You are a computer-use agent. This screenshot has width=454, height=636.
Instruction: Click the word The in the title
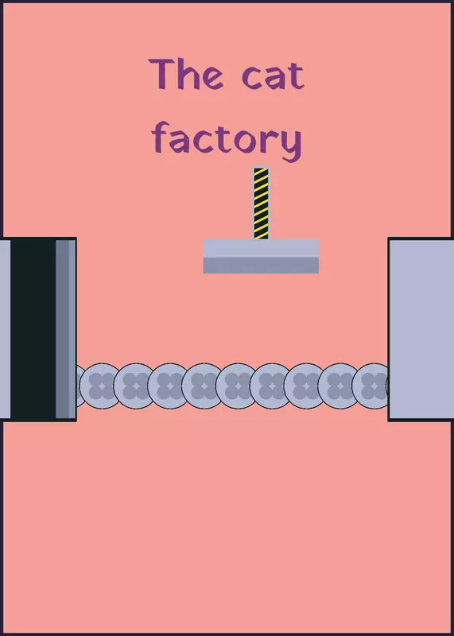[x=186, y=74]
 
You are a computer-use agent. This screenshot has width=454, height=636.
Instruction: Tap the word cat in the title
[x=273, y=76]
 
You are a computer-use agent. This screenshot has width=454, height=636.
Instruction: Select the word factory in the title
[x=227, y=141]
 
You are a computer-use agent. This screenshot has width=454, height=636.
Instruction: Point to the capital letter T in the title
[x=161, y=74]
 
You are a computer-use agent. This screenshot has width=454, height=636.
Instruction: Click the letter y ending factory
[x=291, y=145]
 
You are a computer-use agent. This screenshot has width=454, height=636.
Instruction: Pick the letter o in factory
[x=244, y=142]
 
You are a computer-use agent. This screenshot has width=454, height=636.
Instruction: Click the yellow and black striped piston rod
[x=261, y=203]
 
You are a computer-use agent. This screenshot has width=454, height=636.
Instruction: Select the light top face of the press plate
[x=261, y=248]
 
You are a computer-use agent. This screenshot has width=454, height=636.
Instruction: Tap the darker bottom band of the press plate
[x=261, y=266]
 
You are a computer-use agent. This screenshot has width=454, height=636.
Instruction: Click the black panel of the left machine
[x=33, y=329]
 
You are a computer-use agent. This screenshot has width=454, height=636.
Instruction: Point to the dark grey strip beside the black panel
[x=62, y=329]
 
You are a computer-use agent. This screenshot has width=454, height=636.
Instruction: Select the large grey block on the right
[x=421, y=329]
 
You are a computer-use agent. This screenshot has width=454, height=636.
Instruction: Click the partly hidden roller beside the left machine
[x=81, y=386]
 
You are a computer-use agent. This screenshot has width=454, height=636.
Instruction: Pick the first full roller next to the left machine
[x=101, y=386]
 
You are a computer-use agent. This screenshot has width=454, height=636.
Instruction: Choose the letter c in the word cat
[x=252, y=78]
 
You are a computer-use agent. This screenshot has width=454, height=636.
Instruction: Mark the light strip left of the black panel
[x=6, y=329]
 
